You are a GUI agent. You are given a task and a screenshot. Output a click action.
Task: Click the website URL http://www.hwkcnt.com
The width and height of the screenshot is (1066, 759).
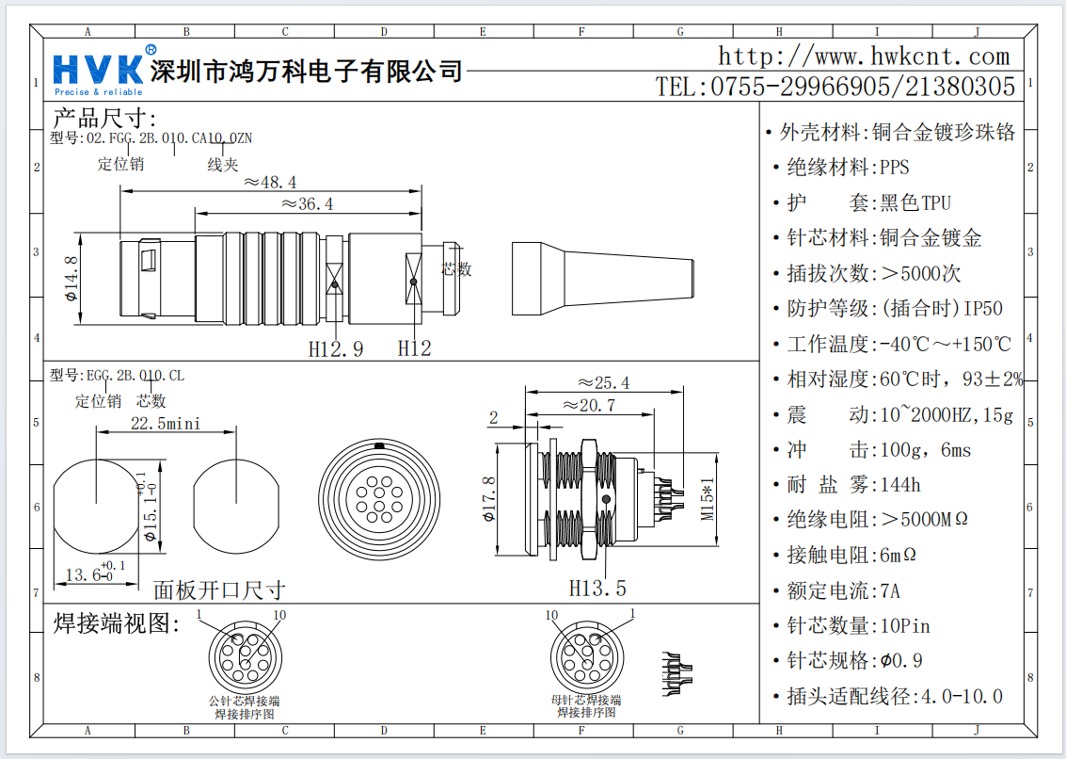pos(864,57)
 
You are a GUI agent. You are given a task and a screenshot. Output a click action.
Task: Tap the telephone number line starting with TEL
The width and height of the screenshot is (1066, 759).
pos(835,88)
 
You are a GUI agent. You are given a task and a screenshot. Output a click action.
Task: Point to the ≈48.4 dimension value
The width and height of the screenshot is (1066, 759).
pos(269,182)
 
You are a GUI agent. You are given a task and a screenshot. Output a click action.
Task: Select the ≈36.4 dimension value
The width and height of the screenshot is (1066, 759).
pos(307,204)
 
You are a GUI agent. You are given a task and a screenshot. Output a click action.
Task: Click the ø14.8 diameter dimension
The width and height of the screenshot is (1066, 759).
pos(71,278)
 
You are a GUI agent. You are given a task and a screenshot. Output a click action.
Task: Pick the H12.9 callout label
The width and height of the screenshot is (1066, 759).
pos(336,348)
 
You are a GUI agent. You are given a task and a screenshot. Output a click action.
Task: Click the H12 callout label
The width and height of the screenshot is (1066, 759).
pos(414,348)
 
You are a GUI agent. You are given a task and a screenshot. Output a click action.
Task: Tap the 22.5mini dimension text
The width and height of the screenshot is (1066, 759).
pos(166,424)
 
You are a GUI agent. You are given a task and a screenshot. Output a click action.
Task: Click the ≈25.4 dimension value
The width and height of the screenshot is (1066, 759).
pos(603,383)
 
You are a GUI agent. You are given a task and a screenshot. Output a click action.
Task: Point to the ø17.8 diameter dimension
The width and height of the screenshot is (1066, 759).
pos(489,500)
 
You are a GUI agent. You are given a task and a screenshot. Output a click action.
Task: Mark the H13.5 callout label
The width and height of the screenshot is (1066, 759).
pos(597,589)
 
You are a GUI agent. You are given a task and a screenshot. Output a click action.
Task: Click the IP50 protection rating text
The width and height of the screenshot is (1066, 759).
pos(983,309)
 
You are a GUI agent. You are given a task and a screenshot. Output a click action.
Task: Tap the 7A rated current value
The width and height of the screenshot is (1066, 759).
pos(890,591)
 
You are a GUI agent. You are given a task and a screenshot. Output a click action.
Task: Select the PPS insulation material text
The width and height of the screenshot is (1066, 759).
pos(895,169)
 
